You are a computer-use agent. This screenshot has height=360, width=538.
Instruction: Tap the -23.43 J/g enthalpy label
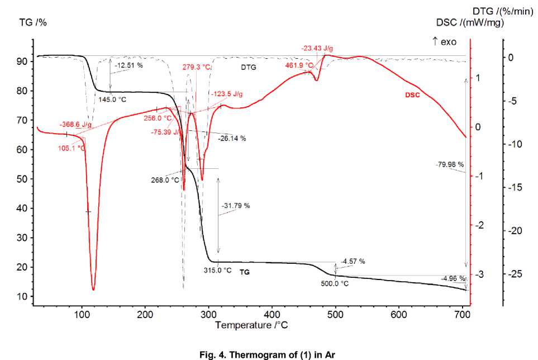(318, 49)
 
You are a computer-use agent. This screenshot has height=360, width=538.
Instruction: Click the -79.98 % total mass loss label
(450, 164)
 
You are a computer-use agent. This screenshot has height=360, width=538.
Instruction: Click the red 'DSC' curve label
(412, 95)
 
